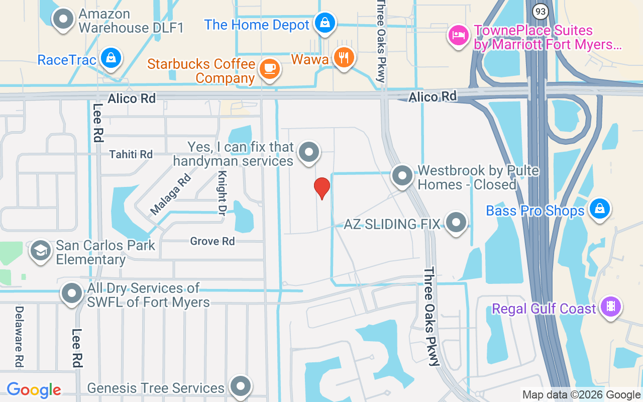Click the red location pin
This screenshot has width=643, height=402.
(321, 188)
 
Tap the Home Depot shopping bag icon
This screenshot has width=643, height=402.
(325, 22)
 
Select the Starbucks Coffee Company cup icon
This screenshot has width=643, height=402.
(270, 68)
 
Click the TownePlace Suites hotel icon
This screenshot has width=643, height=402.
(458, 35)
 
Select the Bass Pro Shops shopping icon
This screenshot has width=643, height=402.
(599, 208)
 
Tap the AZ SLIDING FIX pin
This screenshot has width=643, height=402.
(456, 222)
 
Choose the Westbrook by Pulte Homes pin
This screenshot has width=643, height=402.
(402, 175)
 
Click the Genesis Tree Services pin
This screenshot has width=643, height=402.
(240, 386)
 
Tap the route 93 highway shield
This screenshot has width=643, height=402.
(540, 11)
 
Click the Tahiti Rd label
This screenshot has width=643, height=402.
(131, 154)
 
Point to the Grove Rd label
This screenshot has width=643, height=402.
(212, 241)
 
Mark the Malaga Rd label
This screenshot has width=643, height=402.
(171, 194)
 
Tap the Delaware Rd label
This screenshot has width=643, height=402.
(19, 336)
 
